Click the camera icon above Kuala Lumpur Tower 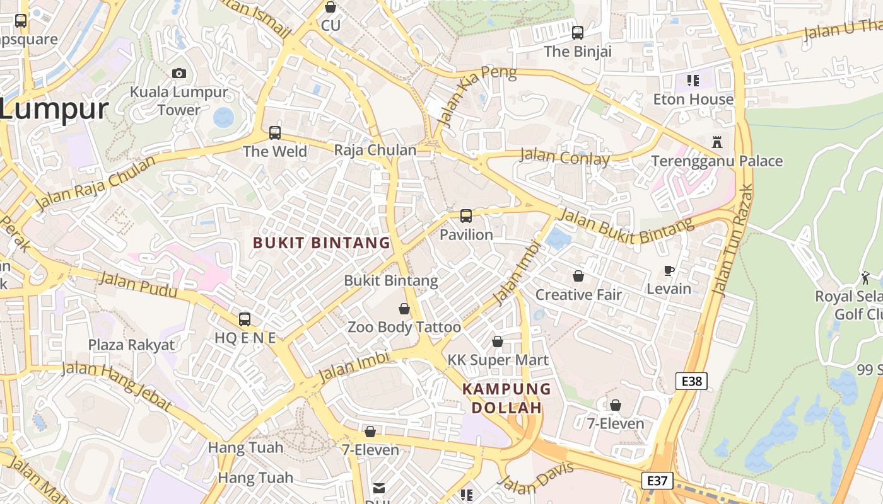coord(179,73)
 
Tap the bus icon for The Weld coord(275,133)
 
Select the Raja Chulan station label coord(375,150)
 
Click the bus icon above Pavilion coord(466,216)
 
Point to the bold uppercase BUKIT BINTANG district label coord(322,243)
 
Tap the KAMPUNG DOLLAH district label coord(506,398)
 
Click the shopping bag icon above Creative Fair coord(578,276)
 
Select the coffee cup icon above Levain coord(669,271)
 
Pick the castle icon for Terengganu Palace coord(716,142)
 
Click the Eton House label coord(693,100)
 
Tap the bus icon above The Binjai coord(578,33)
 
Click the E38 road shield coord(691,381)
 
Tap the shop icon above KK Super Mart coord(498,341)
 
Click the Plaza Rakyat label coord(131,345)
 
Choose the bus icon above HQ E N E coord(245,319)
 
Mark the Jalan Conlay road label coord(564,156)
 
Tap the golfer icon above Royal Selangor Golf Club coord(865,277)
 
